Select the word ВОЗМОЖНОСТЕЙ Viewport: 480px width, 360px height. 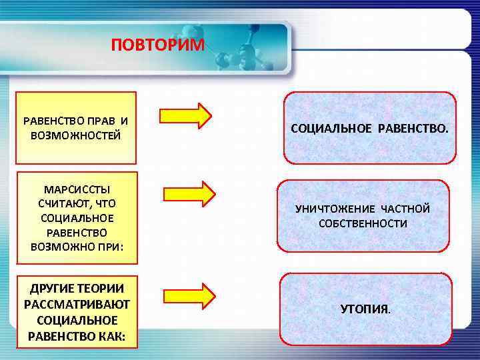(x=75, y=135)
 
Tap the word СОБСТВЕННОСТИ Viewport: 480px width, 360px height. (x=363, y=223)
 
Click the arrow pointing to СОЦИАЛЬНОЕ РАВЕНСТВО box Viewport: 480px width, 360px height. (x=185, y=114)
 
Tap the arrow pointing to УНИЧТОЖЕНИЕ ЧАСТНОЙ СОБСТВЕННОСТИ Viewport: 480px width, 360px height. (x=189, y=193)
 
